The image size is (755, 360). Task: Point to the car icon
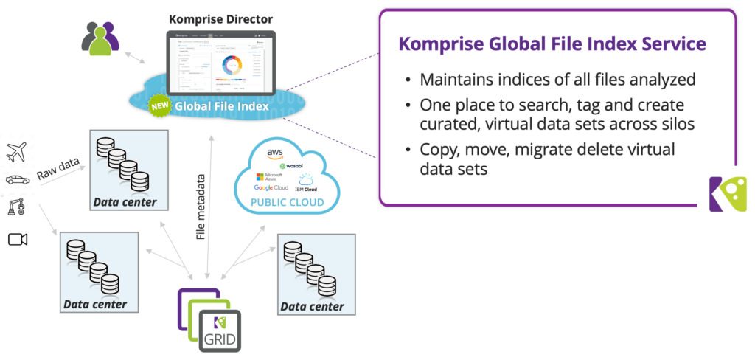[x=17, y=180]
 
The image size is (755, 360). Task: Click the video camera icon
[x=17, y=239]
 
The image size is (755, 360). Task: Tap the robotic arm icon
[x=16, y=208]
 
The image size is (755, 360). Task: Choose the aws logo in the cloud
[x=275, y=153]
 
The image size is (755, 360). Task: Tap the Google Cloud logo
[x=271, y=188]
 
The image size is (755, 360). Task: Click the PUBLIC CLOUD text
[x=288, y=203]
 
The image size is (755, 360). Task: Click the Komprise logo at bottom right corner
[x=727, y=194]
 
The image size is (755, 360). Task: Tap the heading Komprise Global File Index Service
[x=552, y=44]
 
